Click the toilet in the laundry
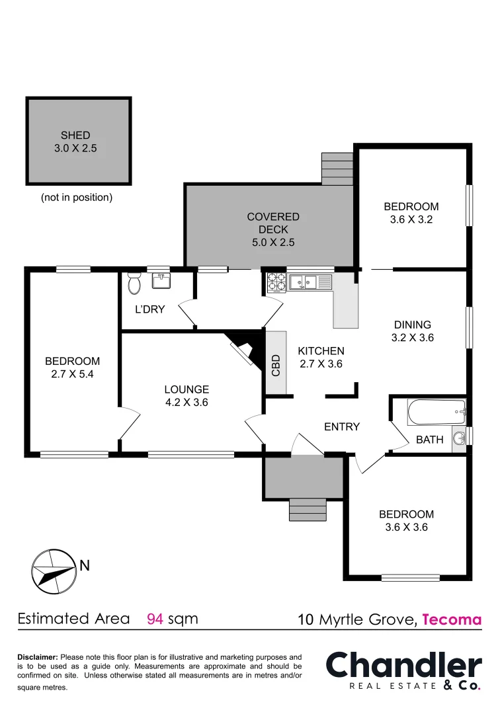coord(134,283)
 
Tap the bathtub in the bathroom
coord(437,414)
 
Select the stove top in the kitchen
coord(276,283)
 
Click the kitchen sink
coord(304,283)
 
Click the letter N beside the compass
coord(85,566)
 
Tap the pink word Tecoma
coord(452,619)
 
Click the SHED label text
coord(75,136)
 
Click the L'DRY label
coord(150,309)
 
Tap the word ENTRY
coord(342,427)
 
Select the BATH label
coord(429,440)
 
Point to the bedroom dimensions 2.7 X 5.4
coord(72,374)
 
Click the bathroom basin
coord(458,438)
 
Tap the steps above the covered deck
coord(337,169)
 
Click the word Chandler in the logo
coord(404,665)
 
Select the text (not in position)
coord(77,197)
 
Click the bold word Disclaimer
coord(38,657)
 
